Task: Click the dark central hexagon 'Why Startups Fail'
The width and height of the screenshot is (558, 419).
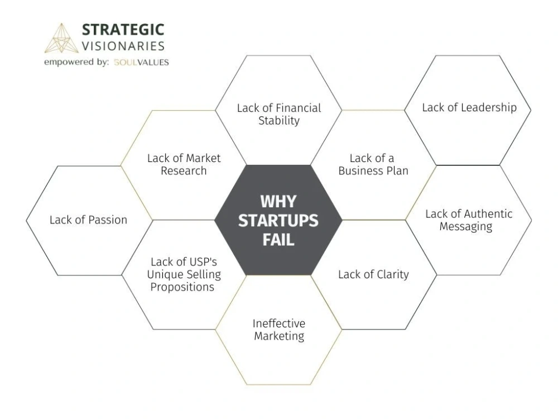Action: point(278,220)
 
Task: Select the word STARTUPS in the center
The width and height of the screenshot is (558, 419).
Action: point(278,221)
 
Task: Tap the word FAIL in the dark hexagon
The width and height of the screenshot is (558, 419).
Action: point(278,240)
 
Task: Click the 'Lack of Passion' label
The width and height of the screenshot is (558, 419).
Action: point(88,220)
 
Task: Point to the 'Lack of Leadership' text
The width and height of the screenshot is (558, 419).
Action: point(469,107)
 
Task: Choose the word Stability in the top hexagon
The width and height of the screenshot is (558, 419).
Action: point(279,121)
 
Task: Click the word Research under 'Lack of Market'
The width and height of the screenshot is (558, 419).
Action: point(184,170)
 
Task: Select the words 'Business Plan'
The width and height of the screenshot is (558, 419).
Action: point(373,170)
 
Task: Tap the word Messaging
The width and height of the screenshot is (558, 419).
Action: point(466,227)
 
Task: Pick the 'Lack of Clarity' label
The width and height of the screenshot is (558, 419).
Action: point(373,274)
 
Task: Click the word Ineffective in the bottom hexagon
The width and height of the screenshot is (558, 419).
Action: point(279,323)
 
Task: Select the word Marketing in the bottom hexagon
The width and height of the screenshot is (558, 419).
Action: point(279,336)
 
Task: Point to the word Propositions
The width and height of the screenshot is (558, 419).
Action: point(182,287)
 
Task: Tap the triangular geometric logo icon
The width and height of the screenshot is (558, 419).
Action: point(61,38)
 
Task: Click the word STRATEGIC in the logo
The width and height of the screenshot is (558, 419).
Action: point(123,30)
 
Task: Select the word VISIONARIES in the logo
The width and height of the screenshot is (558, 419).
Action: point(123,46)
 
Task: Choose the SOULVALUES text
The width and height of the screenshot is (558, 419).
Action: point(141,63)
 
